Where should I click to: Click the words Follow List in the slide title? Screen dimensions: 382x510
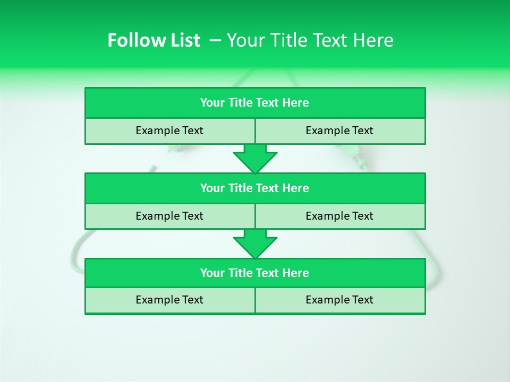coord(154,40)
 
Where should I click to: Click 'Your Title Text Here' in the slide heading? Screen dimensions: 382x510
coord(310,40)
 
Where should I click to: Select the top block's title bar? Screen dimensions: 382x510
coord(255,103)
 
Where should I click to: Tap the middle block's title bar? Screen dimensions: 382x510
coord(255,188)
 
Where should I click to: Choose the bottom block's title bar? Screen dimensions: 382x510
coord(255,273)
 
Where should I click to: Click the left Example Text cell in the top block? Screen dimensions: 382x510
coord(169,131)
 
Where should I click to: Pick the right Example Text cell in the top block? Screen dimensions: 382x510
coord(339,131)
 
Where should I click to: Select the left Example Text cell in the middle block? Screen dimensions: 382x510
coord(169,216)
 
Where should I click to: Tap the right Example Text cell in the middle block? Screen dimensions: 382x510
coord(339,216)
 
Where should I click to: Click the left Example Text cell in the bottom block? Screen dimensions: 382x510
coord(169,300)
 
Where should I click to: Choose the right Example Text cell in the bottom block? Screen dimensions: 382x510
coord(339,300)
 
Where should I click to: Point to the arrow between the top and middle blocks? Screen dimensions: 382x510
coord(255,159)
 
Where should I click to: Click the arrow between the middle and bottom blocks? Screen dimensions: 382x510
coord(255,244)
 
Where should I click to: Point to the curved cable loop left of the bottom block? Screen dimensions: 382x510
coord(76,255)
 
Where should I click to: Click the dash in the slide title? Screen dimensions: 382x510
coord(216,40)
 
